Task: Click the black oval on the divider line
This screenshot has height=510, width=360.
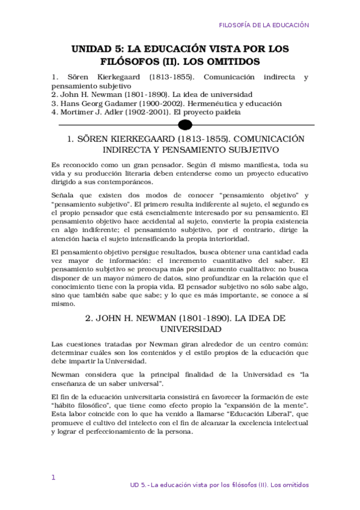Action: (186, 124)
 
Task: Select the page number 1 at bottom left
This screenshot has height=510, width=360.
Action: (53, 478)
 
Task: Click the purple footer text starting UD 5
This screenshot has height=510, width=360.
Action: (219, 485)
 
